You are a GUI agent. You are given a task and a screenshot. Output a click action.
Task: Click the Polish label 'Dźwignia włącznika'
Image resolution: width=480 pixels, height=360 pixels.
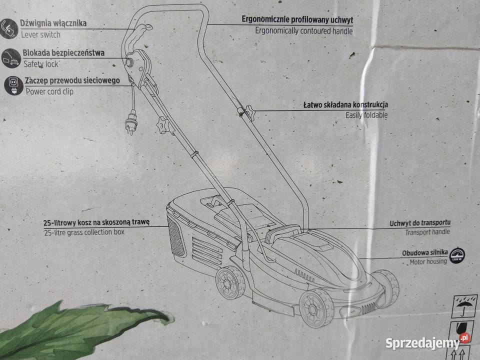tap(53, 23)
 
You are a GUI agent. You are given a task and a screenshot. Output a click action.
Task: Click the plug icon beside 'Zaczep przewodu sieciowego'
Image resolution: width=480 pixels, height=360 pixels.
tap(13, 85)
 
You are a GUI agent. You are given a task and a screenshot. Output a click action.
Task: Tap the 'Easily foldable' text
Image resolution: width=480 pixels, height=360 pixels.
tap(366, 115)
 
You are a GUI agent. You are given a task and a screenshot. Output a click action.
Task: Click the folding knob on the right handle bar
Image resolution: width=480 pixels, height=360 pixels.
tap(247, 112)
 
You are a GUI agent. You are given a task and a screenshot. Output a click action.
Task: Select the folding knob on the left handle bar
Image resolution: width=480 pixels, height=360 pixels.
tap(164, 123)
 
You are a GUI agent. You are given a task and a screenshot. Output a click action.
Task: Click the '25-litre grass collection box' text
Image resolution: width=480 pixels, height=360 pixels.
tap(84, 232)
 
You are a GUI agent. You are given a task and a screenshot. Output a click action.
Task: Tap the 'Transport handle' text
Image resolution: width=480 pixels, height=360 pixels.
tap(427, 231)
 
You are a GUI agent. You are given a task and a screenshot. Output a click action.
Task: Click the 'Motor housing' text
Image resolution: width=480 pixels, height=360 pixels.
tap(428, 261)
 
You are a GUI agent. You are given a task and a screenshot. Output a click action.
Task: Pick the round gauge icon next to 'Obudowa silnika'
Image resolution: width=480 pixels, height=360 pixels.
tap(456, 254)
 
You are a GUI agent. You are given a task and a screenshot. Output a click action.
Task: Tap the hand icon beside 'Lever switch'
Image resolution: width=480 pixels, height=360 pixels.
tap(8, 28)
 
